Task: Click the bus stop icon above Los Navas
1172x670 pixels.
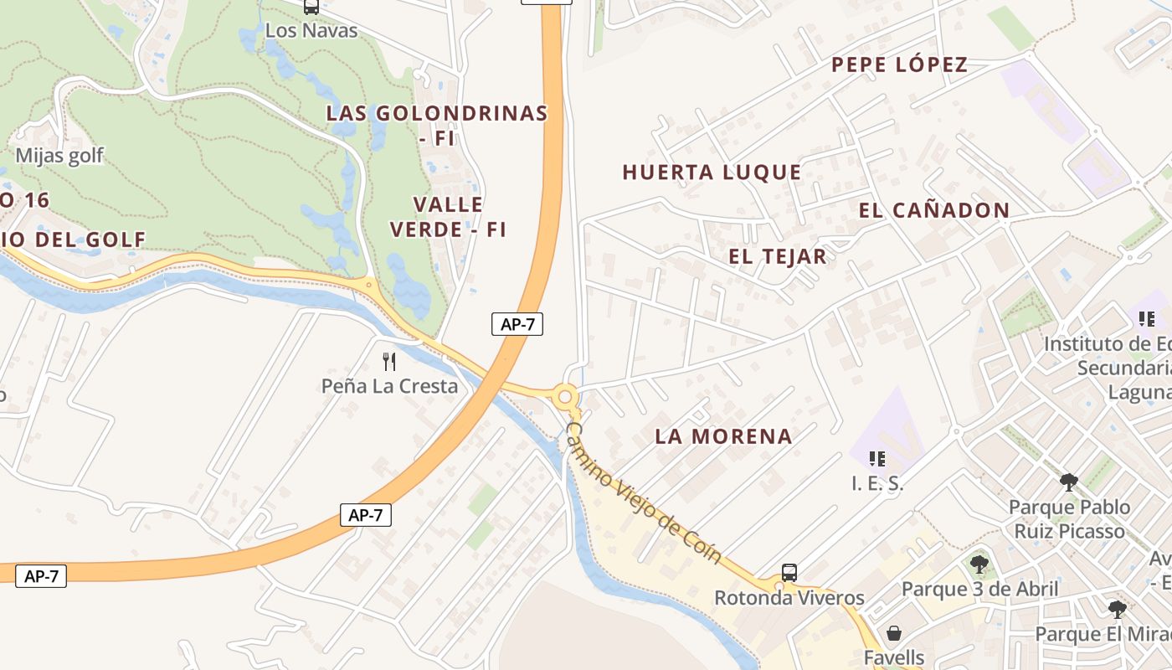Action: coord(311,7)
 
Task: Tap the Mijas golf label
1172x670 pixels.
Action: coord(59,155)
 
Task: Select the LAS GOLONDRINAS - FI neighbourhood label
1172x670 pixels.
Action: coord(437,125)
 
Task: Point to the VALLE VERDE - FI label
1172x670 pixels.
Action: coord(449,217)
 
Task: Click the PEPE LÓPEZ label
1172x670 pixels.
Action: coord(899,64)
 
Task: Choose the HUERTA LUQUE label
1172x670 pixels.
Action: coord(712,173)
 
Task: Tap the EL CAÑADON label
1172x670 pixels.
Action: coord(934,210)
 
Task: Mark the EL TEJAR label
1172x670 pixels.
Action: coord(777,256)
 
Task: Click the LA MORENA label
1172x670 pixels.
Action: coord(723,436)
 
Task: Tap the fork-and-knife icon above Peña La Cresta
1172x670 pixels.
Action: coord(388,362)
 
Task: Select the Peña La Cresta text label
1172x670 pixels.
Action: coord(389,386)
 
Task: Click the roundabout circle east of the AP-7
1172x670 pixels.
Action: coord(566,396)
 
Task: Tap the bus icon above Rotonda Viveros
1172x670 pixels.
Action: coord(789,573)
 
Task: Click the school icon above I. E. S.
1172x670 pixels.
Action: coord(877,458)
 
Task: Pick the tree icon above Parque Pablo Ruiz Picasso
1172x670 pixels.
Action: coord(1068,482)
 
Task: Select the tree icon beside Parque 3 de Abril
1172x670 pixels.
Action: coord(979,564)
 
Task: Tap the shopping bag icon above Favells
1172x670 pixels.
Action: coord(894,632)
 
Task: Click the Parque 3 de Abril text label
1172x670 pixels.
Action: coord(979,589)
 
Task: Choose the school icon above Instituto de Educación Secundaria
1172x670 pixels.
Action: coord(1146,319)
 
